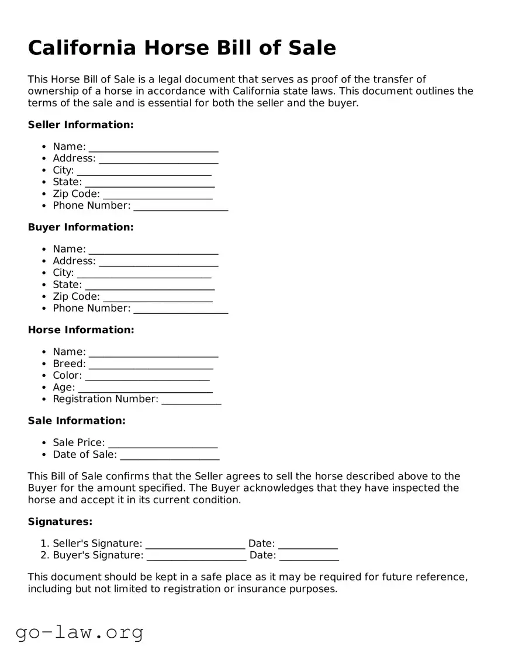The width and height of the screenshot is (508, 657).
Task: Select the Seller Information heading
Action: click(81, 125)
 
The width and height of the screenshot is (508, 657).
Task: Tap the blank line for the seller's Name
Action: click(153, 147)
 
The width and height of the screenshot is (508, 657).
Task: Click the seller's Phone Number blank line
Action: click(181, 206)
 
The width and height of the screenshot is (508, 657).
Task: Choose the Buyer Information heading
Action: click(81, 227)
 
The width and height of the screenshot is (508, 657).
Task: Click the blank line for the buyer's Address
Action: click(158, 262)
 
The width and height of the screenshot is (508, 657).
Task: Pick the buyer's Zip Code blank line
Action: click(157, 298)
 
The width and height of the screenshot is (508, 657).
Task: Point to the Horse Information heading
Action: click(81, 330)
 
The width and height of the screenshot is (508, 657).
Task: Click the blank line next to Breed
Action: click(151, 365)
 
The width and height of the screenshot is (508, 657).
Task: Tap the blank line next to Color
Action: click(147, 376)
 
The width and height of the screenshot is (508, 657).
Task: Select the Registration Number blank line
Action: click(191, 400)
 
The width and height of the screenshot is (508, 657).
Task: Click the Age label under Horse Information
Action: click(64, 388)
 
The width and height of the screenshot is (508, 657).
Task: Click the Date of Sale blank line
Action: click(170, 455)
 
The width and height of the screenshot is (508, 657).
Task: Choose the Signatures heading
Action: click(60, 521)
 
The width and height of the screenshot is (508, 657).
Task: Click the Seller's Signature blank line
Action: click(195, 545)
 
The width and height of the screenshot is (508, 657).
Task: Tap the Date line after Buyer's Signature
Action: click(309, 556)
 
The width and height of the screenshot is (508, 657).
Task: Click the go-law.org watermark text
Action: click(80, 632)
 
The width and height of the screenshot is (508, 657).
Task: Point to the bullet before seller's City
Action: click(44, 171)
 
